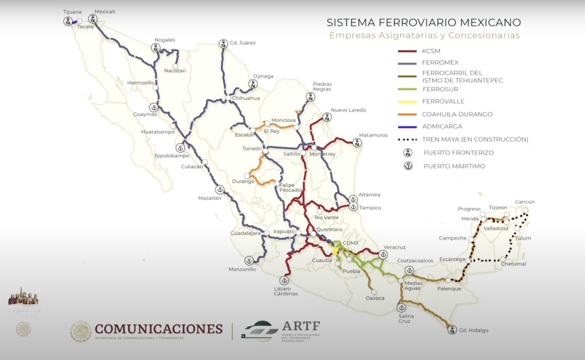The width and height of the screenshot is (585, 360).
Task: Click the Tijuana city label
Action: [72, 12]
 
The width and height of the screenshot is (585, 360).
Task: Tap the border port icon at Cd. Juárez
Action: [223, 44]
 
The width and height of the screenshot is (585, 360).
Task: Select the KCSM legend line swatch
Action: [407, 51]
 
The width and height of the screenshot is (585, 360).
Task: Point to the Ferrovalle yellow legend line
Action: [407, 102]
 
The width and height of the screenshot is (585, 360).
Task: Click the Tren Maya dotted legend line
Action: [407, 140]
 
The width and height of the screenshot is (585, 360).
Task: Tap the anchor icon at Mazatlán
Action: [220, 190]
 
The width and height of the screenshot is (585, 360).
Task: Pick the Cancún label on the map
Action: [525, 202]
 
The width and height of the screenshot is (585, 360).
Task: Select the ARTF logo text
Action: [301, 326]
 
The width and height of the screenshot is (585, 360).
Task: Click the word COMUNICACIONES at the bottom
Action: [159, 329]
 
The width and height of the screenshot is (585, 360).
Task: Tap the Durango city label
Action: [243, 181]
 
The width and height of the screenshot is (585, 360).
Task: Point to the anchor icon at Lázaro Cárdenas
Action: [284, 280]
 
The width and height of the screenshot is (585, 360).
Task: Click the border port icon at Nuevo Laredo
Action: [327, 117]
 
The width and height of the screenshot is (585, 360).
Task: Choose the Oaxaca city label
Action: [375, 298]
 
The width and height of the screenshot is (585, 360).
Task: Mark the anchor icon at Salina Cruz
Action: [401, 307]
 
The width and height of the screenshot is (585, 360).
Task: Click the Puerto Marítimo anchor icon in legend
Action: [408, 166]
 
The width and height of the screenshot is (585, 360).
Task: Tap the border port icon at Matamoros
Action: [357, 143]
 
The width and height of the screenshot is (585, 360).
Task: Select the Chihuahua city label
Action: [246, 98]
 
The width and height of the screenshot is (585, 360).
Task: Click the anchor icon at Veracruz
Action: [383, 255]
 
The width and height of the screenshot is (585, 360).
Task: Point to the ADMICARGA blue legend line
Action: [407, 127]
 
